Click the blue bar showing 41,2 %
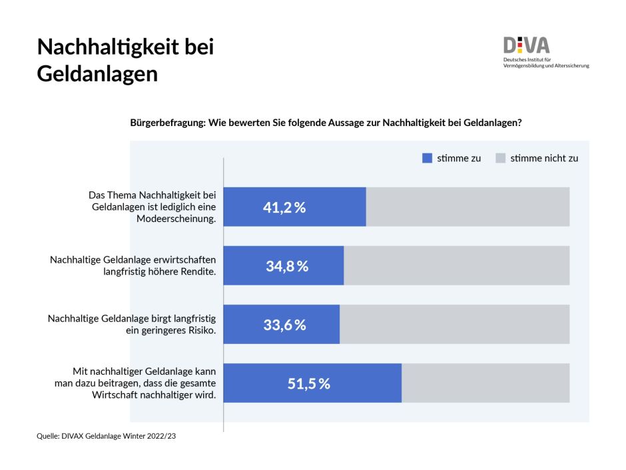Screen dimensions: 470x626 [x=295, y=207]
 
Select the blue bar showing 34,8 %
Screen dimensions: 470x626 [x=284, y=265]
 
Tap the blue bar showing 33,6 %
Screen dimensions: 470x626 [x=282, y=325]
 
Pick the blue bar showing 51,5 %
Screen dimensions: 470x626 [x=313, y=383]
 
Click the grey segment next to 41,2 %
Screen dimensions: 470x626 [x=468, y=207]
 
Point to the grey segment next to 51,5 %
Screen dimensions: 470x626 [x=485, y=383]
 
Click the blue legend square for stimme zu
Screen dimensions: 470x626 [x=427, y=159]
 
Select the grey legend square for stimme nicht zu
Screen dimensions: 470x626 [x=500, y=159]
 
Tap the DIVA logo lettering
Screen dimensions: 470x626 [x=526, y=45]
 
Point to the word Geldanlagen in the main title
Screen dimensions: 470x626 [x=97, y=73]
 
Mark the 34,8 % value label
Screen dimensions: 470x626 [x=287, y=266]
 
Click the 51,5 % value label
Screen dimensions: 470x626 [x=308, y=384]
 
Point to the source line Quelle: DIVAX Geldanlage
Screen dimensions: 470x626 [x=106, y=436]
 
